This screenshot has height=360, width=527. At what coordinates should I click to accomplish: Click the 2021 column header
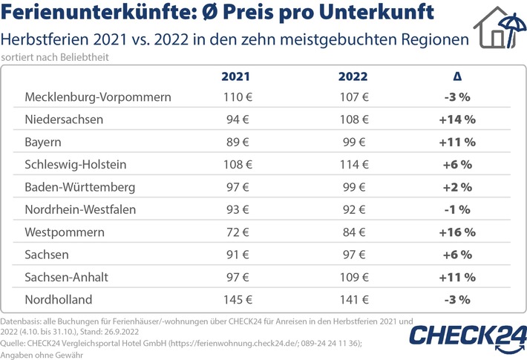pyautogui.click(x=237, y=76)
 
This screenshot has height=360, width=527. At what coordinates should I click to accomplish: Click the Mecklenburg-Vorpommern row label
pyautogui.click(x=98, y=97)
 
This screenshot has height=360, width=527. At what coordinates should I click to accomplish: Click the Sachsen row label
pyautogui.click(x=48, y=255)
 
